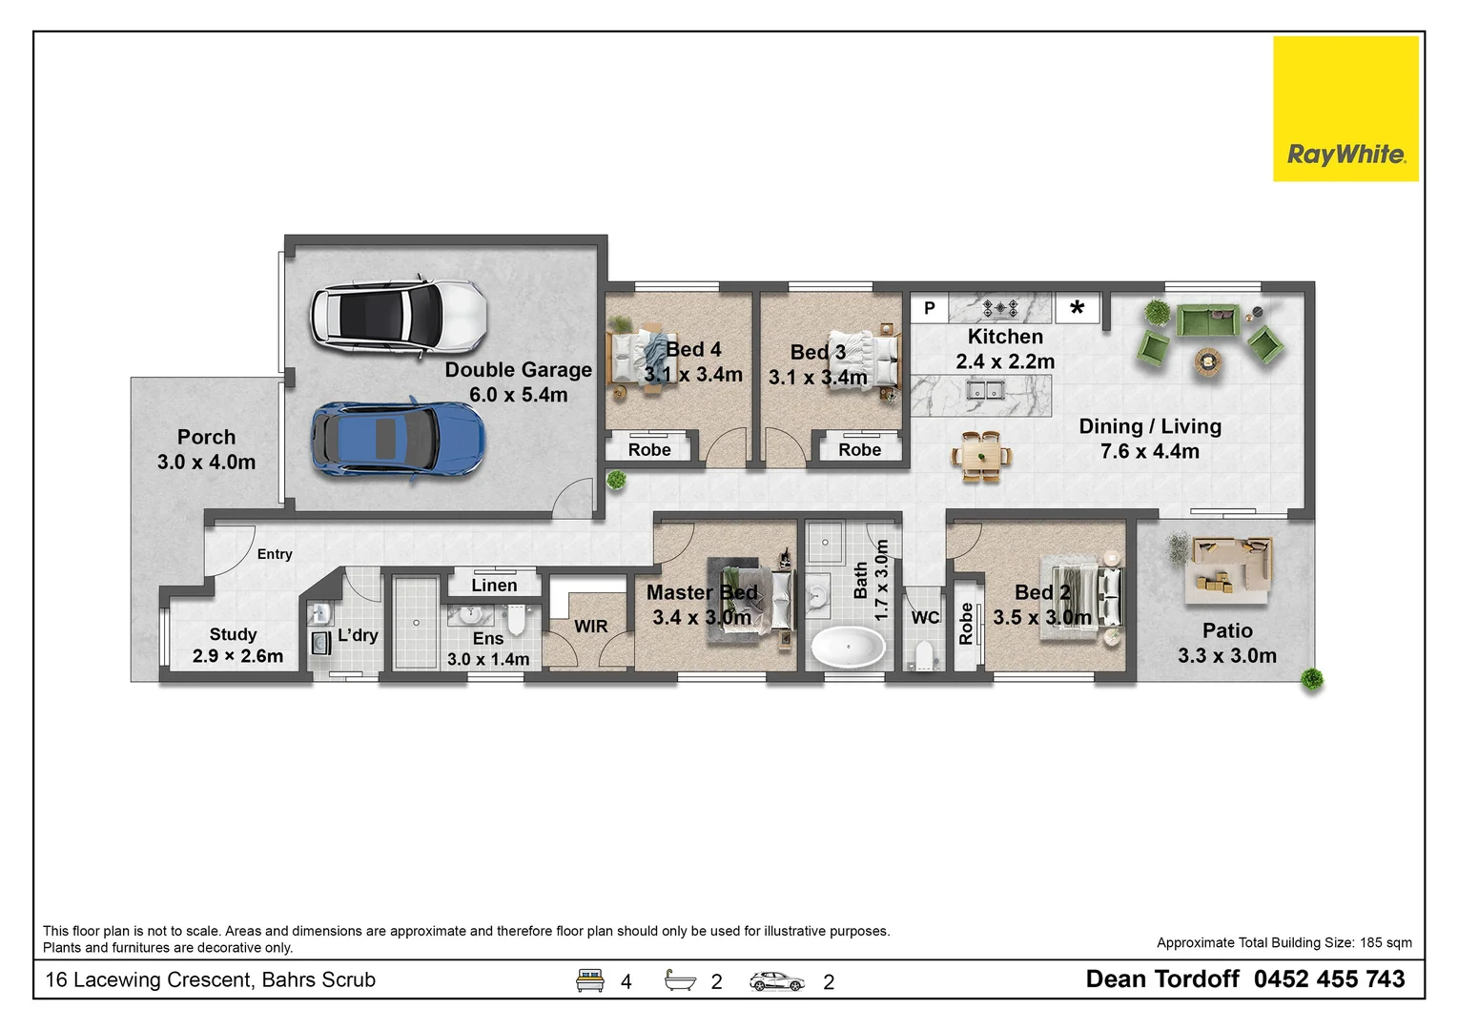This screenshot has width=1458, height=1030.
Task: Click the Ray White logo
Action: (x=1345, y=109)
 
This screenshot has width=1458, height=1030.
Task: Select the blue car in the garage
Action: (x=398, y=439)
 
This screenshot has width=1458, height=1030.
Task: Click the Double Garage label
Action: (x=518, y=370)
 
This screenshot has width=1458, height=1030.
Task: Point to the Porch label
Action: (x=206, y=438)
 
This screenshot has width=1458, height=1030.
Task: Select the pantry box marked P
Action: (x=929, y=308)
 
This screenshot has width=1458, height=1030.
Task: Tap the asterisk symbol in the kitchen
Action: (x=1077, y=308)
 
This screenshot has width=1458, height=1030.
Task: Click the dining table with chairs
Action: (x=981, y=456)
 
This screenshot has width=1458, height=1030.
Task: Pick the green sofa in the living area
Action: (x=1207, y=320)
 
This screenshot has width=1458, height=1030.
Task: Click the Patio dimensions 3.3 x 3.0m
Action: (x=1226, y=656)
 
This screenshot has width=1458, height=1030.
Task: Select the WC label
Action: (x=925, y=618)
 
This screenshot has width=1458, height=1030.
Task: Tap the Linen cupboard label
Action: (x=494, y=586)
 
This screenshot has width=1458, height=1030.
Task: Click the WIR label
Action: (x=590, y=627)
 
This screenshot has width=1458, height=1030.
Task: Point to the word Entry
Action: (x=275, y=554)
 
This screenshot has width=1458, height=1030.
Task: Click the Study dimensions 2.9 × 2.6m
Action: (x=237, y=656)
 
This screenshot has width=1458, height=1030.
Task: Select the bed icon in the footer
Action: (x=590, y=980)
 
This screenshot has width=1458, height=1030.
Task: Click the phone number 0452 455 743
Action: (x=1328, y=979)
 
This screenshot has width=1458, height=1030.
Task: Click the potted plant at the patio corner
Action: (x=1313, y=679)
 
